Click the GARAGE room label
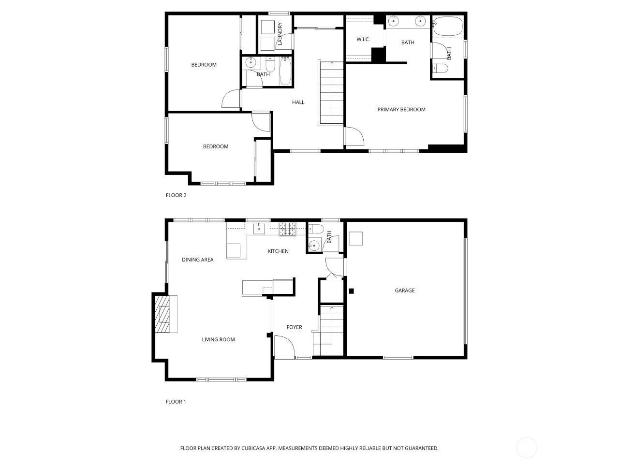click(x=404, y=290)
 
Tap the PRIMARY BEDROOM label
click(x=401, y=110)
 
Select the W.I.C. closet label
click(x=363, y=40)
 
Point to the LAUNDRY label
click(x=280, y=34)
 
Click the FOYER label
click(x=294, y=327)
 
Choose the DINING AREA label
click(x=197, y=260)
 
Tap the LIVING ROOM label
click(x=218, y=339)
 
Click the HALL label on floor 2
click(x=298, y=102)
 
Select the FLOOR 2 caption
click(x=176, y=195)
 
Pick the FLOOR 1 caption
click(x=176, y=402)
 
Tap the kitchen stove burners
click(x=287, y=229)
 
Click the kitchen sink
click(x=259, y=229)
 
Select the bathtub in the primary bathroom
click(x=448, y=26)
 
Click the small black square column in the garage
click(x=352, y=291)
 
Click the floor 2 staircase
click(x=332, y=93)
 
